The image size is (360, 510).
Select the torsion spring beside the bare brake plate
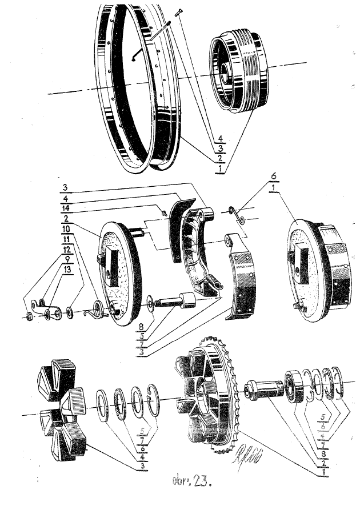pyautogui.click(x=93, y=311)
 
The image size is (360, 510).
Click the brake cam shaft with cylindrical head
pyautogui.click(x=178, y=300)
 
